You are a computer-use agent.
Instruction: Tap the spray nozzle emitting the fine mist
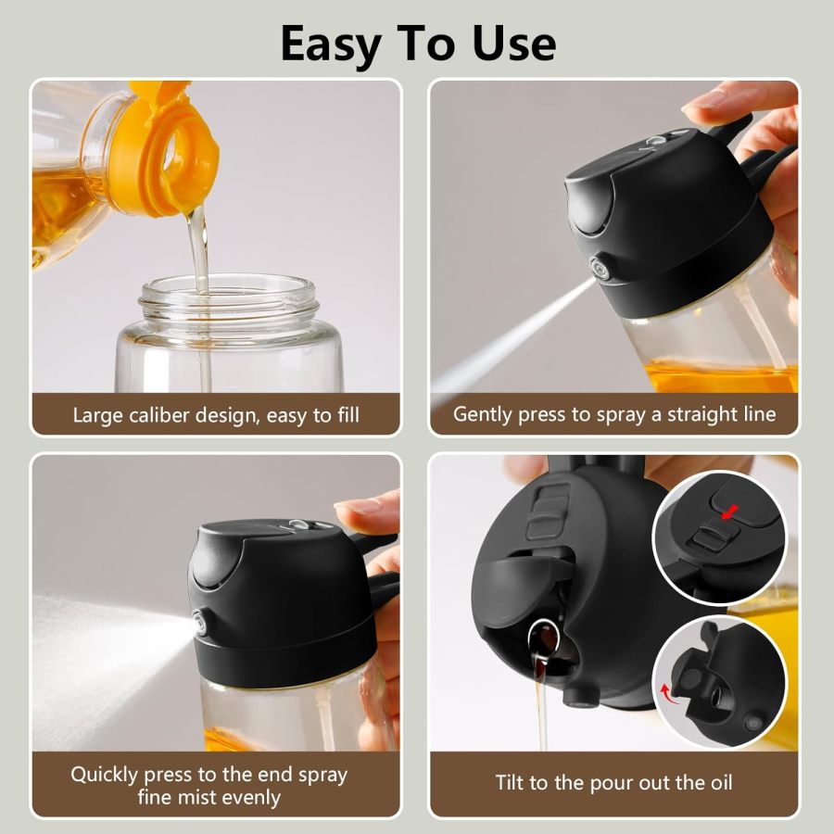pos(200,624)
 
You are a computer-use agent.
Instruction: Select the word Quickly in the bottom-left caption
pos(107,774)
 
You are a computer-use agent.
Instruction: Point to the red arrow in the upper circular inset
pos(732,512)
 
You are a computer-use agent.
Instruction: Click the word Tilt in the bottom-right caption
pos(512,783)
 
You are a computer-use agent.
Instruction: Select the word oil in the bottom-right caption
pos(719,783)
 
